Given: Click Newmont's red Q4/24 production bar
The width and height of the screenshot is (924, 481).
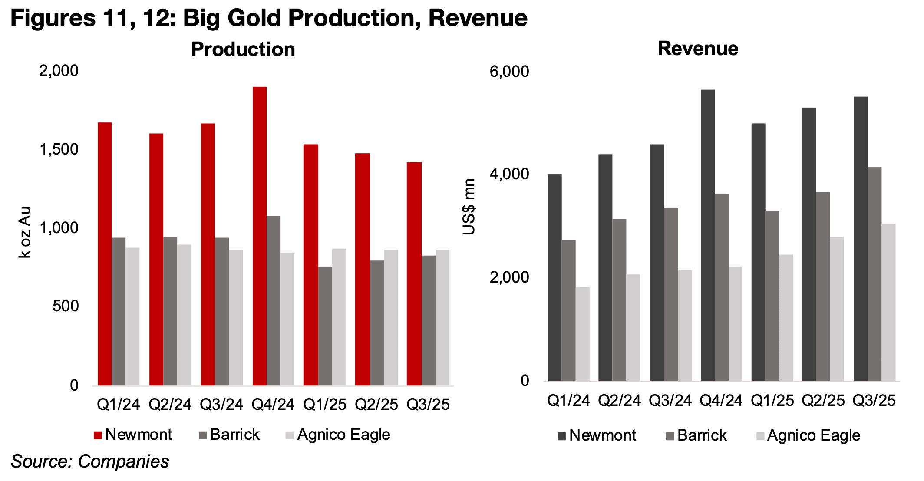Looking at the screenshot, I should (259, 236).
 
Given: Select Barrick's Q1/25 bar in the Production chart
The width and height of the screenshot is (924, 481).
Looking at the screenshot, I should (325, 326).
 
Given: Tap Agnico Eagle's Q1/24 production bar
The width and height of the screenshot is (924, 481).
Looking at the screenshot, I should (132, 316).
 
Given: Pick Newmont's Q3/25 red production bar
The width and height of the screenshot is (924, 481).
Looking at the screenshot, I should (414, 274).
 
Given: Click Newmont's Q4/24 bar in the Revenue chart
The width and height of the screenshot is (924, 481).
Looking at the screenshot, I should (707, 235).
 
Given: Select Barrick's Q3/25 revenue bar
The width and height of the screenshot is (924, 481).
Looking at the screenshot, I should (874, 274).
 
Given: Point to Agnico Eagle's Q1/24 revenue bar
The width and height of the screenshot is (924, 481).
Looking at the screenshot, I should (582, 334).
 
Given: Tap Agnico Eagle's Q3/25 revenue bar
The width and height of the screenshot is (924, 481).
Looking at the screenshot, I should (888, 302).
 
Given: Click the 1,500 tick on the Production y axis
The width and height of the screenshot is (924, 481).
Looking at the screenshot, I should (59, 149).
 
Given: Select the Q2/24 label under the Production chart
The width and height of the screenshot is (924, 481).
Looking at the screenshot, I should (170, 405).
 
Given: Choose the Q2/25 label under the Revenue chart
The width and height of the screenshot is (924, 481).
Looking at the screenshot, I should (823, 400).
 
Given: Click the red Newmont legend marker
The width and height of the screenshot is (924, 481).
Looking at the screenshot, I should (98, 435).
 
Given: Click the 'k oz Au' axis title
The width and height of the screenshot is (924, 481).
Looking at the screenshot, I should (26, 232).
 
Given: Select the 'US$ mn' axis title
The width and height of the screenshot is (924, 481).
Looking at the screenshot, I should (469, 207).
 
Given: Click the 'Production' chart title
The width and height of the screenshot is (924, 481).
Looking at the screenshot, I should (243, 49).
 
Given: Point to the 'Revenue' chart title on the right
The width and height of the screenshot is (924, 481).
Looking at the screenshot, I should (698, 48).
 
